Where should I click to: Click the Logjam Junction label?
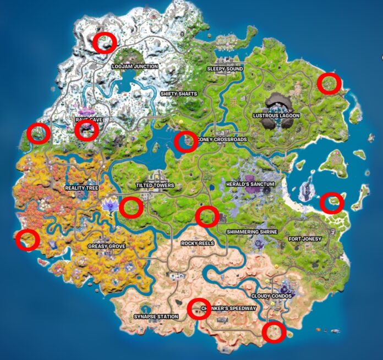(x=134, y=67)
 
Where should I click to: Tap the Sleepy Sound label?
(x=225, y=69)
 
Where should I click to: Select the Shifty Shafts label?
(x=178, y=94)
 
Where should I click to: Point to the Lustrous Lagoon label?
(x=276, y=116)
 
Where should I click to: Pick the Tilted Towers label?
(x=155, y=186)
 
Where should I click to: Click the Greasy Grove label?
(x=106, y=246)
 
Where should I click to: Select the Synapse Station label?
(x=156, y=317)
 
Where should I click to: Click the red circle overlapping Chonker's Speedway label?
(x=197, y=308)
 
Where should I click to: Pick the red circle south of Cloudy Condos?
(x=273, y=332)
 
